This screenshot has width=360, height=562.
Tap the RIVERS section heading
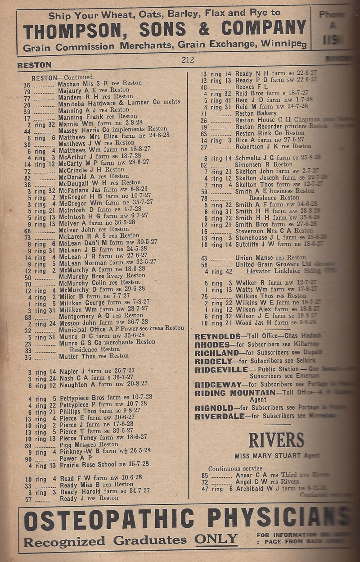[x=264, y=440]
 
